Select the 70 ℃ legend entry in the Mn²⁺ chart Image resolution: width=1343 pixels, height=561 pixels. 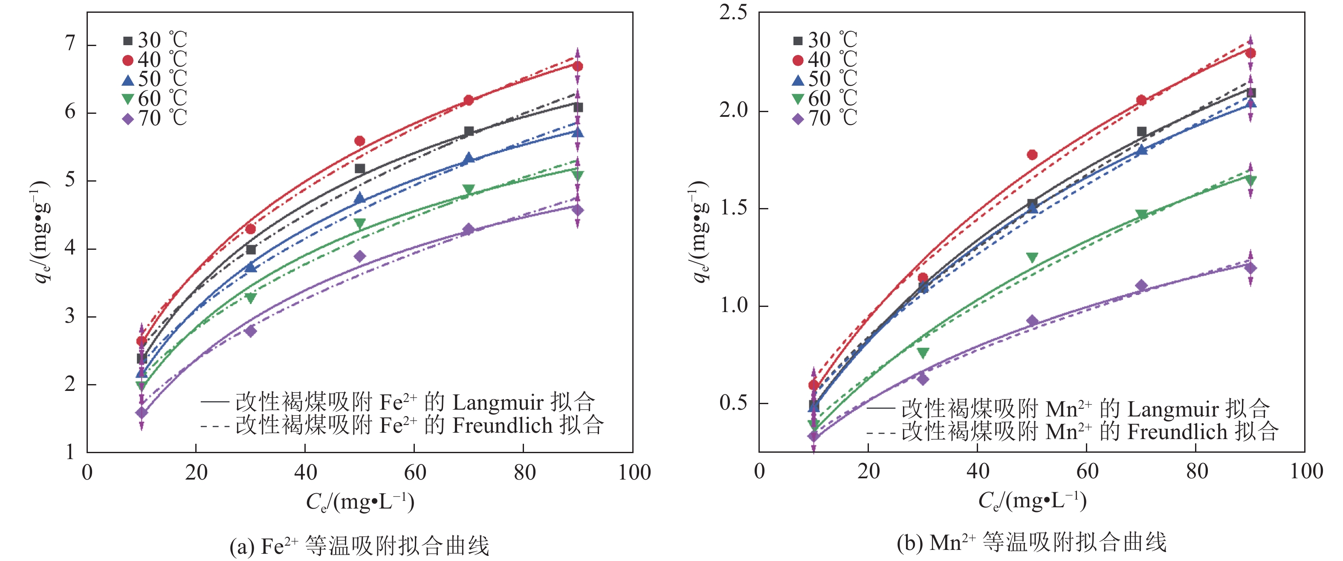coord(824,119)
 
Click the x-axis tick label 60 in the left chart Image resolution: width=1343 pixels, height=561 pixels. coord(415,472)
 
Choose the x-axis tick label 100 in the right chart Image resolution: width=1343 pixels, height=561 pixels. coord(1306,471)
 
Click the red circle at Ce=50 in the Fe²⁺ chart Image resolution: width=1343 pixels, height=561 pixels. coord(360,141)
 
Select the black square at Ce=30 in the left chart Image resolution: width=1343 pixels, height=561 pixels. coord(251,250)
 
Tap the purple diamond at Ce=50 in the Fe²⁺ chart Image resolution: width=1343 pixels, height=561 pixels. coord(360,256)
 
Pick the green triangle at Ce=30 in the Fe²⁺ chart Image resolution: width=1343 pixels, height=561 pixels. coord(251,298)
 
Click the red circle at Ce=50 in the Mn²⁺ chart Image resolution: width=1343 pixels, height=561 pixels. coord(1032,155)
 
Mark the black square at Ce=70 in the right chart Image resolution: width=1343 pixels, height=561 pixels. coord(1142,131)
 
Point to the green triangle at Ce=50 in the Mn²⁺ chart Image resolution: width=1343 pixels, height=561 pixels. coord(1032,257)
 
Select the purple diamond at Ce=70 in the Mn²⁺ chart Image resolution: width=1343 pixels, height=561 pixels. coord(1142,285)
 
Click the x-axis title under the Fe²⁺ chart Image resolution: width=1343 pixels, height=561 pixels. coord(360,502)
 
